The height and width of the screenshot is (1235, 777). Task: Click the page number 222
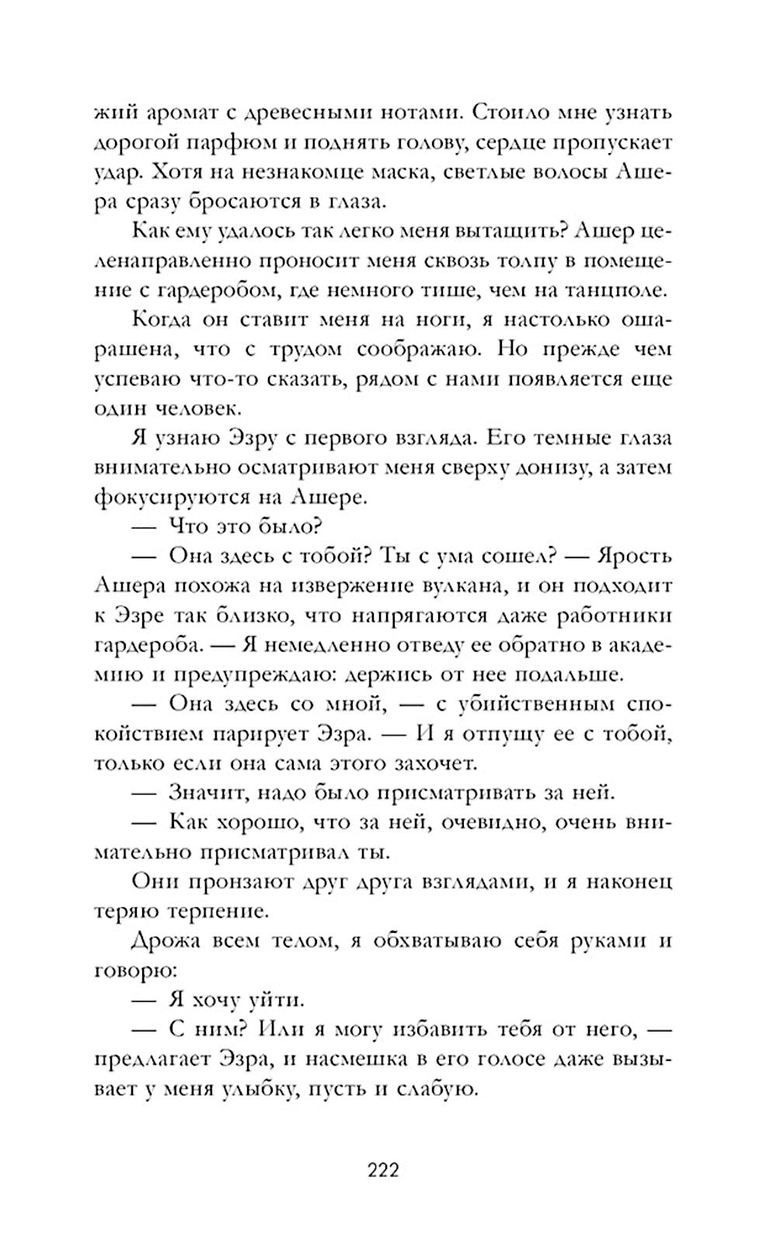[382, 1169]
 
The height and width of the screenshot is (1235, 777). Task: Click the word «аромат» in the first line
[184, 113]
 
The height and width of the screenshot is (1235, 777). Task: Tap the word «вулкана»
[449, 586]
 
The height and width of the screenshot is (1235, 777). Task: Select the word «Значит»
[211, 792]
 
